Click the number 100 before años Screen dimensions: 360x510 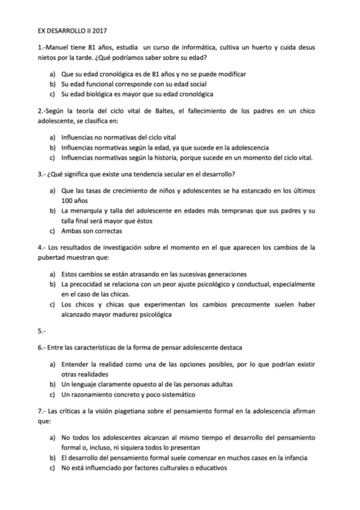67,201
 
